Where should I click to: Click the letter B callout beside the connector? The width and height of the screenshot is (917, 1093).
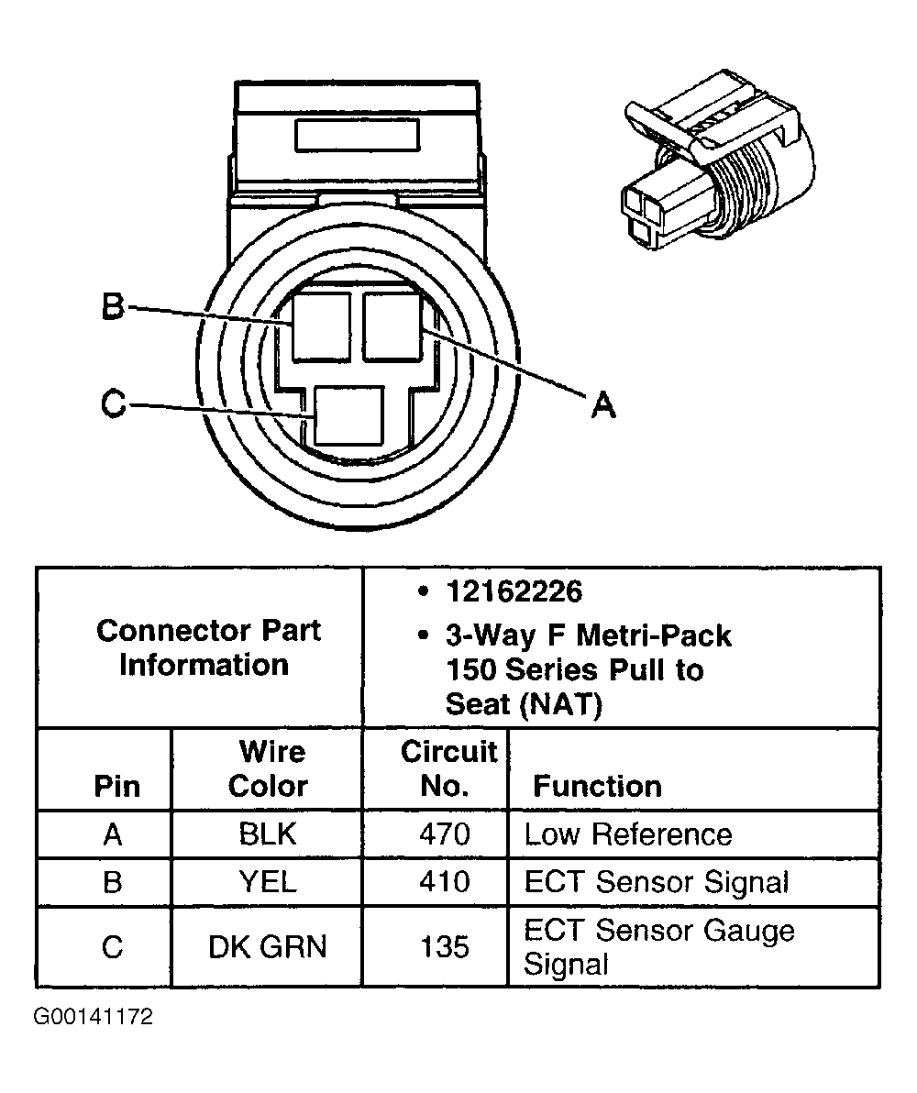coord(112,306)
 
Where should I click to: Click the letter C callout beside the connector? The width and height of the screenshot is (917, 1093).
coord(113,404)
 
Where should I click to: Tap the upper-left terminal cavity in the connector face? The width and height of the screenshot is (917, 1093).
coord(321,326)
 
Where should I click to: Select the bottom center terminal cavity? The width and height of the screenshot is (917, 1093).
coord(348,415)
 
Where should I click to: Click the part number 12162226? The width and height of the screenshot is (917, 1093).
coord(513,592)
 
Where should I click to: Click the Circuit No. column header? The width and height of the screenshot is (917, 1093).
coord(448,768)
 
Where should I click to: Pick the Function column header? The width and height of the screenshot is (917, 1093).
coord(597,786)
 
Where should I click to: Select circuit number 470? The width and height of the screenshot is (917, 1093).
coord(445,834)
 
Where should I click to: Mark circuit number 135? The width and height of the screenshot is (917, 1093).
coord(445,946)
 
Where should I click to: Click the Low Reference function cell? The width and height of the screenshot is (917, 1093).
coord(628,834)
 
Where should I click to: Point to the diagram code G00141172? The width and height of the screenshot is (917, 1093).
coord(93,1018)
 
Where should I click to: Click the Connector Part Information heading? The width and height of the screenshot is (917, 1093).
coord(208,647)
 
